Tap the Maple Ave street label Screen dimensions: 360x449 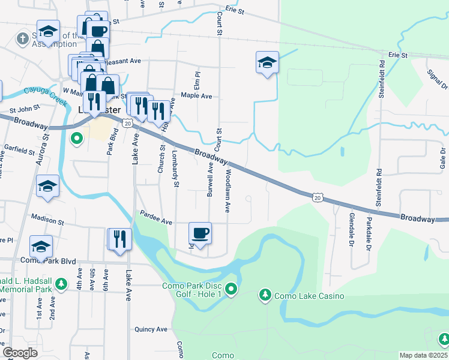pyautogui.click(x=197, y=96)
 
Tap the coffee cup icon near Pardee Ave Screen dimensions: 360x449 pyautogui.click(x=200, y=232)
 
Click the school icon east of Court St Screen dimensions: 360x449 pyautogui.click(x=267, y=62)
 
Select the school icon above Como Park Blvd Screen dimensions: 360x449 pyautogui.click(x=41, y=246)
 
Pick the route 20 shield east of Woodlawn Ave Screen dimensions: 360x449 pyautogui.click(x=317, y=197)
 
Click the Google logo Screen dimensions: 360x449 pyautogui.click(x=20, y=353)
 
